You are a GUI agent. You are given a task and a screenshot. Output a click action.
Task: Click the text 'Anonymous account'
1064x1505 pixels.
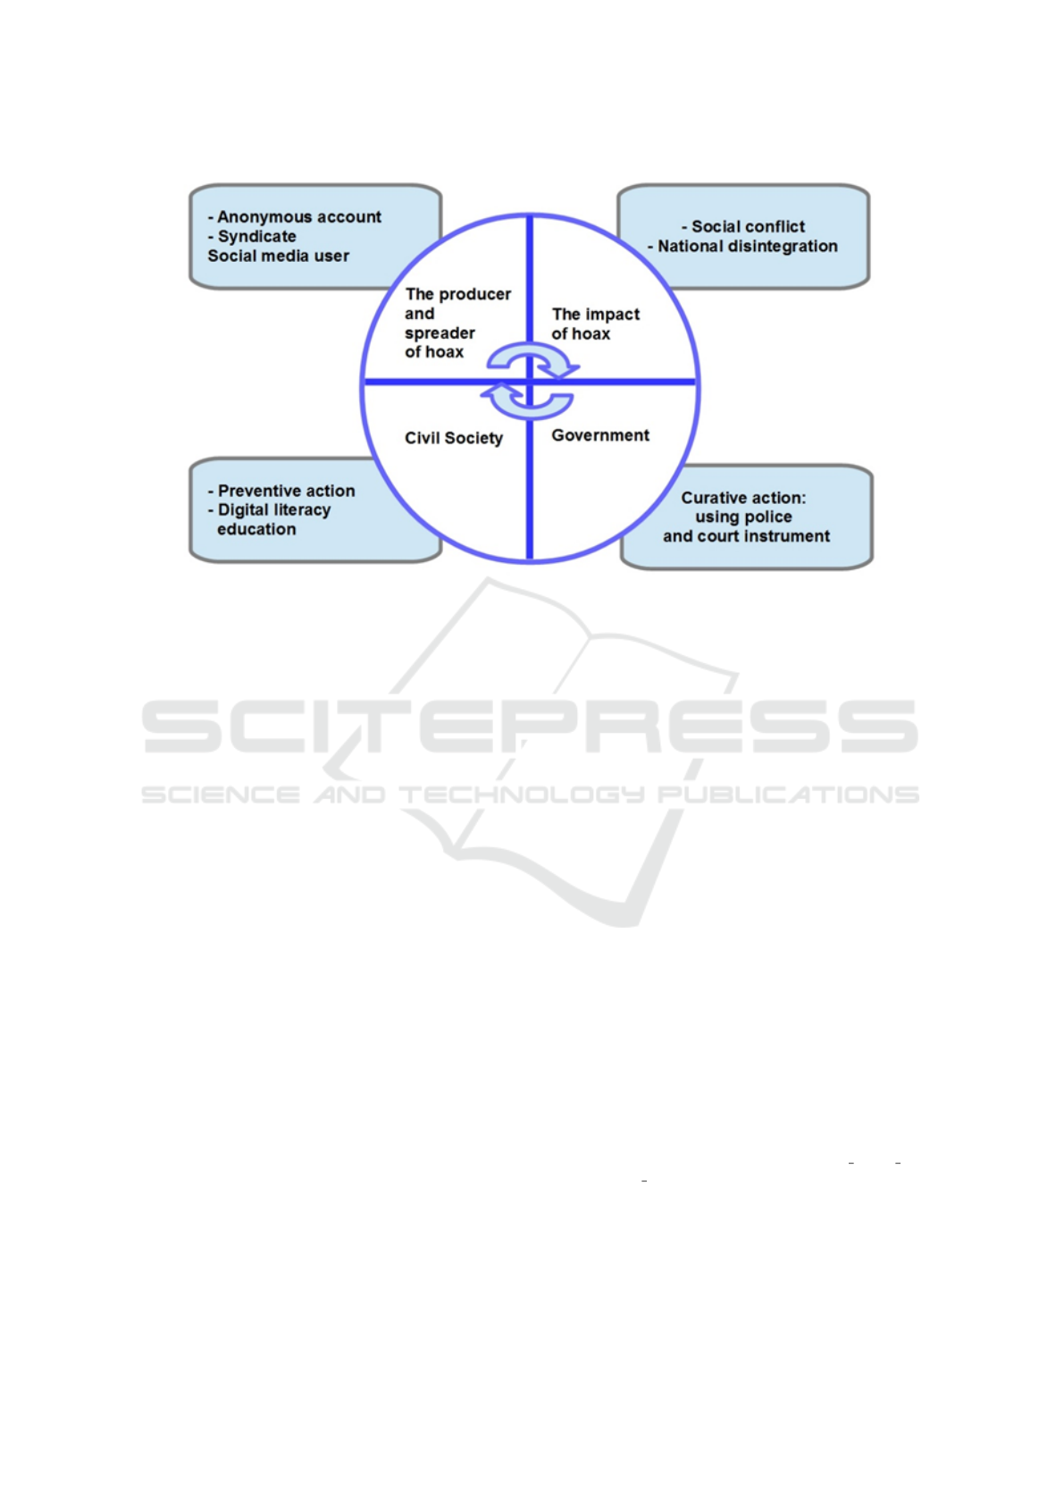tap(299, 217)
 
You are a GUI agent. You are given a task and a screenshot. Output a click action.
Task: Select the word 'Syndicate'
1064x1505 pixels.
tap(256, 237)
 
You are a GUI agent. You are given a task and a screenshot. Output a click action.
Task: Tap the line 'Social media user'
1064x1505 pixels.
tap(278, 256)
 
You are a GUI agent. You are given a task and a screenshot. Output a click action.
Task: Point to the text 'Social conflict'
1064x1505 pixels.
tap(748, 226)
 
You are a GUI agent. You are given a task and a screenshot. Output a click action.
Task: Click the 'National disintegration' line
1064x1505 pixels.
tap(748, 247)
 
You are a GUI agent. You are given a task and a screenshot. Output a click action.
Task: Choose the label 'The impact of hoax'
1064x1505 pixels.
tap(595, 324)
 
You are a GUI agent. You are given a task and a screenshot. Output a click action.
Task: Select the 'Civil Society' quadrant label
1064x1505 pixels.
tap(454, 438)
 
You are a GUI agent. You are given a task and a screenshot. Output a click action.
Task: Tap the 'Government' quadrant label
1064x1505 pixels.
tap(600, 435)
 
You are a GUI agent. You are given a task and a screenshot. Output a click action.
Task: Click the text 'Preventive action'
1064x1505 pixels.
tap(286, 492)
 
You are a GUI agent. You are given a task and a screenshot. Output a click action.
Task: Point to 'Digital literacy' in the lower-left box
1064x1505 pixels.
tap(274, 510)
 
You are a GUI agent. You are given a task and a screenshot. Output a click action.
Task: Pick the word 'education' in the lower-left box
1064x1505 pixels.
tap(256, 529)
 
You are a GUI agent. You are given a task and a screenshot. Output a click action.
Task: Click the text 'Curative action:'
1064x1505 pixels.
tap(743, 498)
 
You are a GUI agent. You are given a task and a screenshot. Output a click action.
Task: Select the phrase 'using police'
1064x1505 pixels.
tap(743, 517)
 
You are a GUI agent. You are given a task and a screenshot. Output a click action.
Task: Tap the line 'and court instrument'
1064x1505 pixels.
tap(746, 536)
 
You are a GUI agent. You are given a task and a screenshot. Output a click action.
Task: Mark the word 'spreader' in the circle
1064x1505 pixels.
tap(440, 333)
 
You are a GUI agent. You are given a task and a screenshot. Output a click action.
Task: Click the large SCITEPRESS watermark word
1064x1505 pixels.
tap(529, 727)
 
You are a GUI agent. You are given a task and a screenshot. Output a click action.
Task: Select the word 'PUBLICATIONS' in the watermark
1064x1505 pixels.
tap(788, 795)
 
